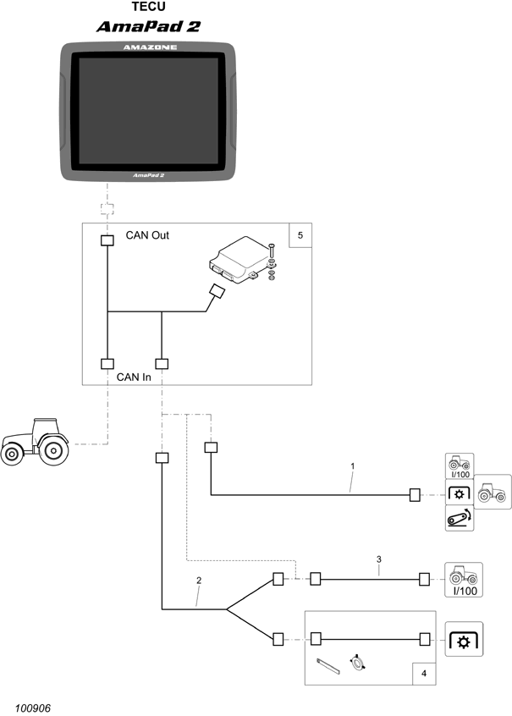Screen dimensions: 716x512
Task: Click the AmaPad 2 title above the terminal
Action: [x=148, y=26]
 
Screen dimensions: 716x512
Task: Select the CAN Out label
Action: [x=147, y=235]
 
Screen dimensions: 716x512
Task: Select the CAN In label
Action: [x=134, y=377]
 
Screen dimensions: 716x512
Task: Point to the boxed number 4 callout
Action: [x=423, y=674]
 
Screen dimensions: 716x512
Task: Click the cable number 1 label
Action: [x=352, y=465]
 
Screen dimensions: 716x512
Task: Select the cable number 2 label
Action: [x=199, y=581]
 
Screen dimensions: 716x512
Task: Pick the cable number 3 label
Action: [x=379, y=559]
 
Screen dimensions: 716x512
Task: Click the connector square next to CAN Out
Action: [x=107, y=241]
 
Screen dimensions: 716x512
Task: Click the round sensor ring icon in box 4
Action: [x=358, y=663]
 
